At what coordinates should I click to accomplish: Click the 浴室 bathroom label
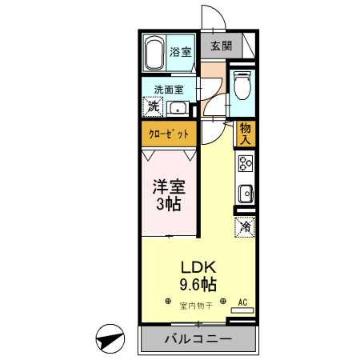[x=180, y=52]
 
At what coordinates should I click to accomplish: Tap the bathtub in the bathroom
[x=155, y=53]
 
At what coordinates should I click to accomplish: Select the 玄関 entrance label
[x=222, y=47]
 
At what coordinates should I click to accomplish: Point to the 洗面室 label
[x=168, y=90]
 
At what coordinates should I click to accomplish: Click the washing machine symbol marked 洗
[x=152, y=106]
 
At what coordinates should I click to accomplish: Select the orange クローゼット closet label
[x=169, y=134]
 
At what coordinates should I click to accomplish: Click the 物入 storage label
[x=246, y=133]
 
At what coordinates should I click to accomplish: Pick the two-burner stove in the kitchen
[x=245, y=164]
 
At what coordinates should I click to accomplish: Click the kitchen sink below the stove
[x=245, y=194]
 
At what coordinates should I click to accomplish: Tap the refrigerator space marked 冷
[x=245, y=227]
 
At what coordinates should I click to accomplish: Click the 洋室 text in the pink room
[x=169, y=187]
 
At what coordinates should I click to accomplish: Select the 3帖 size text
[x=169, y=204]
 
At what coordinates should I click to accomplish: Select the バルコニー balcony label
[x=198, y=339]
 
